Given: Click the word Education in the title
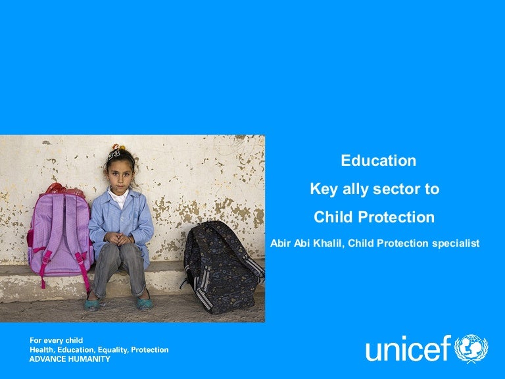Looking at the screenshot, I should (378, 161).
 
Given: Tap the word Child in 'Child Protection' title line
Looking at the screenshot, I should (333, 217).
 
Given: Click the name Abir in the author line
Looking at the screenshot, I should (281, 243).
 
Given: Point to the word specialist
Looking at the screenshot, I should (456, 243).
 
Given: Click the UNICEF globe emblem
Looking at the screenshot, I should (471, 349).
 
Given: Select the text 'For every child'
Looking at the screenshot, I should (56, 340).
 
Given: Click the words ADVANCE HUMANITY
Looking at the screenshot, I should (70, 359).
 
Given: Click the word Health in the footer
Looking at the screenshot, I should (44, 349).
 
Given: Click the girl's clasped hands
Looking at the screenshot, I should (121, 238).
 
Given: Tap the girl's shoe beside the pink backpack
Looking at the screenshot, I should (93, 305).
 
